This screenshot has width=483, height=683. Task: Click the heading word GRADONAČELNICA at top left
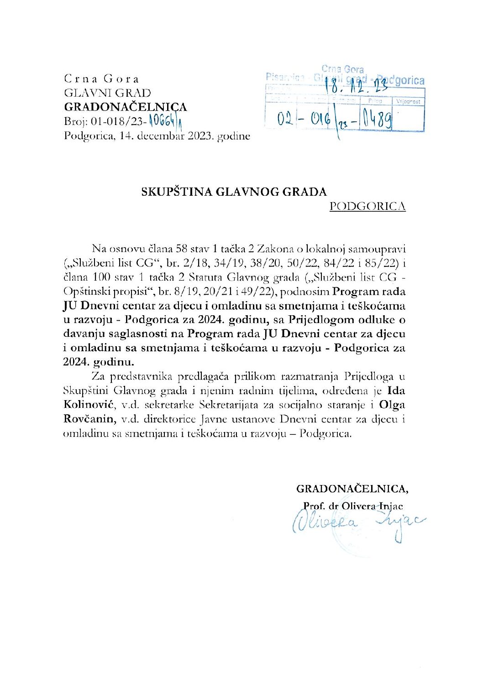pyautogui.click(x=126, y=107)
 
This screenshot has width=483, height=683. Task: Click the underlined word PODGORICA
pyautogui.click(x=367, y=206)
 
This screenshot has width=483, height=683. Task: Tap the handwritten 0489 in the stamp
pyautogui.click(x=378, y=120)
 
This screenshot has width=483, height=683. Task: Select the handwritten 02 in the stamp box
pyautogui.click(x=285, y=120)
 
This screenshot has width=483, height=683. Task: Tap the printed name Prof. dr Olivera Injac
pyautogui.click(x=353, y=506)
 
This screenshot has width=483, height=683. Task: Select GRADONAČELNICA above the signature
pyautogui.click(x=352, y=489)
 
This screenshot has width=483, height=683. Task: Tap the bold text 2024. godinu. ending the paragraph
pyautogui.click(x=99, y=362)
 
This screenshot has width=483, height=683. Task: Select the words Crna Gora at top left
pyautogui.click(x=101, y=79)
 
